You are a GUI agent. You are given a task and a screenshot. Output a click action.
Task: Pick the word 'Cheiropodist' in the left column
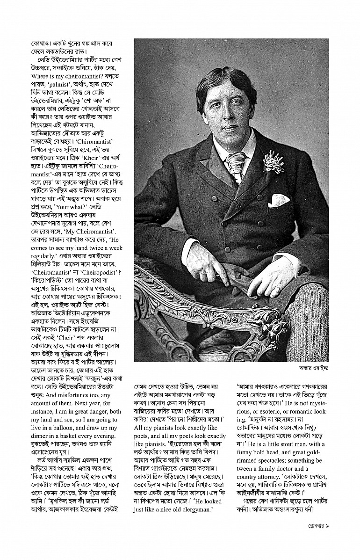92,273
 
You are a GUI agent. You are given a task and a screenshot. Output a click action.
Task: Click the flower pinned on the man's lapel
274,161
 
